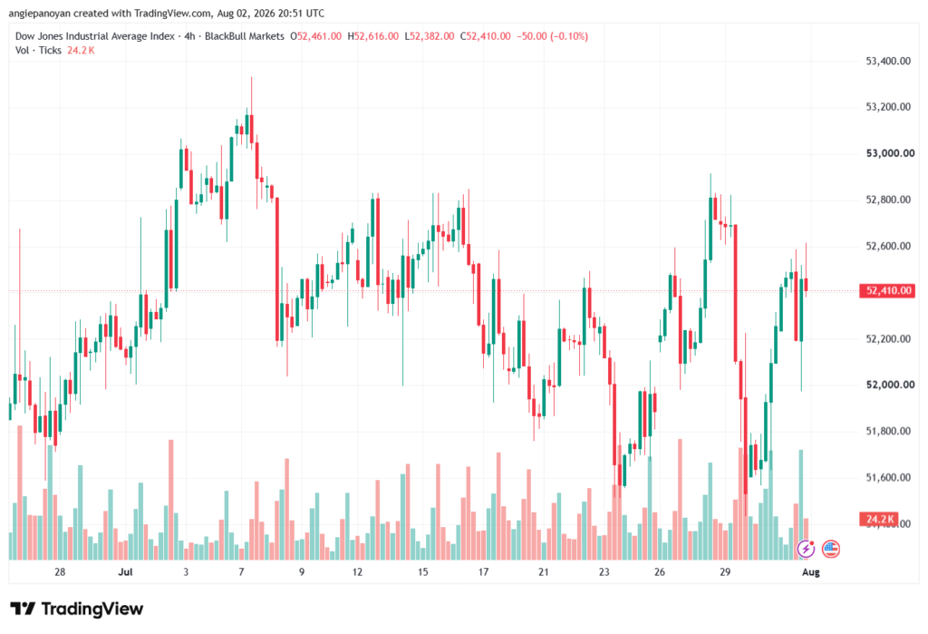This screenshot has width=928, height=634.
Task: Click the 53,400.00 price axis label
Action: pyautogui.click(x=888, y=61)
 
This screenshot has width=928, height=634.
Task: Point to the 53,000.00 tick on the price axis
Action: pyautogui.click(x=890, y=153)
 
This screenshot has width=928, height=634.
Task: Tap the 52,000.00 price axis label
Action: pyautogui.click(x=890, y=385)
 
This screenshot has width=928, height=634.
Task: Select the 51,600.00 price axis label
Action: pyautogui.click(x=888, y=477)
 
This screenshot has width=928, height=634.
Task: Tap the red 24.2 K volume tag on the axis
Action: pyautogui.click(x=878, y=520)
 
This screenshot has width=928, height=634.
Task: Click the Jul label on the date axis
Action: pyautogui.click(x=125, y=571)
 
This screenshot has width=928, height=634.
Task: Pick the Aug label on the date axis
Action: pyautogui.click(x=811, y=571)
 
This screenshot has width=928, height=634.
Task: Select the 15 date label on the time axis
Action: pyautogui.click(x=422, y=571)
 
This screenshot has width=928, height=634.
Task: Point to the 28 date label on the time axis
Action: pyautogui.click(x=60, y=571)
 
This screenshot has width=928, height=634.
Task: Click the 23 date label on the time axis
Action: pyautogui.click(x=604, y=571)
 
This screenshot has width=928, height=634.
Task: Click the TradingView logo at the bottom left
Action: pyautogui.click(x=77, y=609)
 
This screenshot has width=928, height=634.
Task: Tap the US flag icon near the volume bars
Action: pyautogui.click(x=830, y=550)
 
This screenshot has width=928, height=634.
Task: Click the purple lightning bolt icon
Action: pyautogui.click(x=806, y=550)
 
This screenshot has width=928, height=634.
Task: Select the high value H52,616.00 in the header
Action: pyautogui.click(x=372, y=36)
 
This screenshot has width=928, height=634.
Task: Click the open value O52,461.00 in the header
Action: pyautogui.click(x=315, y=36)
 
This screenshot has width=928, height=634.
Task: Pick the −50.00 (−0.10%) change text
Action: pyautogui.click(x=552, y=36)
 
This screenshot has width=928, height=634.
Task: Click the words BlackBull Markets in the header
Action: pyautogui.click(x=245, y=36)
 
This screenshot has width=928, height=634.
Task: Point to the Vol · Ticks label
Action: pyautogui.click(x=38, y=51)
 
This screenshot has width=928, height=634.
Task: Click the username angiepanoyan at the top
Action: pyautogui.click(x=40, y=13)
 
